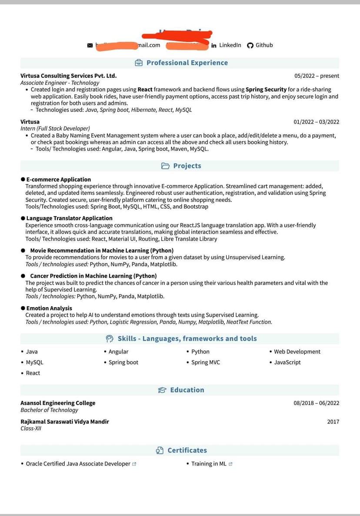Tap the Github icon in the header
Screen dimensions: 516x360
pos(250,45)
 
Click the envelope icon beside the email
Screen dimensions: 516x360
pos(90,45)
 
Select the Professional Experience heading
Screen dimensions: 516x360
pos(187,63)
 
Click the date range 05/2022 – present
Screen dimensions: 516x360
pos(317,76)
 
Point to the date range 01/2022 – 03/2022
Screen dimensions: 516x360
pos(316,122)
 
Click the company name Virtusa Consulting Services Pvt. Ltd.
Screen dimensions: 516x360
pos(68,76)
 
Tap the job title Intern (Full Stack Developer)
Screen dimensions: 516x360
pos(55,128)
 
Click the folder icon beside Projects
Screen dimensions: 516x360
pos(165,166)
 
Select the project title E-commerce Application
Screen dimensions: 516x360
pos(58,179)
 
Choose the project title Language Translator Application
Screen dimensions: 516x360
pos(69,218)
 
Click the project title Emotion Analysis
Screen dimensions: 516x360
pos(49,308)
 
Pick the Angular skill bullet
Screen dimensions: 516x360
pos(118,352)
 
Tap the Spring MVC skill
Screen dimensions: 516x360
pos(206,362)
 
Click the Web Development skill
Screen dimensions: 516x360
pos(297,352)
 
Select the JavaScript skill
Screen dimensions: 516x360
pos(287,362)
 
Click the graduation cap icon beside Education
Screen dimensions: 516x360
pos(162,390)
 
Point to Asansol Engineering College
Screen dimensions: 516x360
pos(58,403)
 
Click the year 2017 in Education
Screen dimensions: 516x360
pos(333,422)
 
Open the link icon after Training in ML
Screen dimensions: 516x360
pos(230,464)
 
